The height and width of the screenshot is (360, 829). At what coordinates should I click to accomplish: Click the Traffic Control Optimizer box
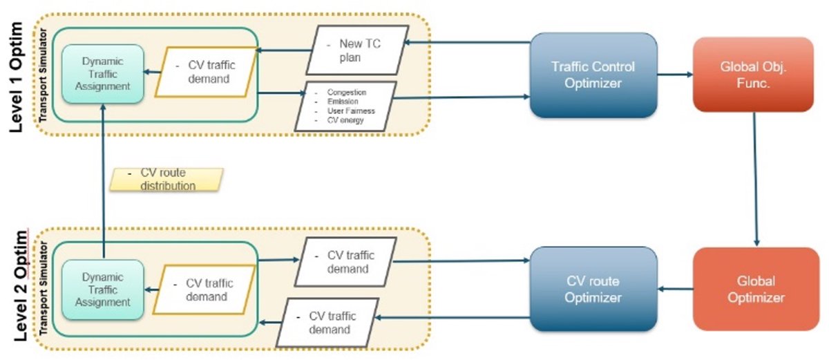(593, 75)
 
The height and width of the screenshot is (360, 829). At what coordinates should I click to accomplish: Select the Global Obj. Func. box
(753, 75)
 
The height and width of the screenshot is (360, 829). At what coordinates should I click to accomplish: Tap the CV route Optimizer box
(593, 289)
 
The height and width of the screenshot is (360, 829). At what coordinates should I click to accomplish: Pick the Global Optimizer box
(756, 289)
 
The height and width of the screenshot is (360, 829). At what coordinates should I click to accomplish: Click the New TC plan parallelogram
(358, 50)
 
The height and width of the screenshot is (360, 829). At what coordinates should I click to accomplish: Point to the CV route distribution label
(166, 180)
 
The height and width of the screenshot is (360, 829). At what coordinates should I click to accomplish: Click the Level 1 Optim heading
(17, 77)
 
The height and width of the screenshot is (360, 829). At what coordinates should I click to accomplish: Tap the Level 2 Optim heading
(21, 285)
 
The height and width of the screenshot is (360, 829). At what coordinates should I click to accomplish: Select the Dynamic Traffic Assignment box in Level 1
(102, 74)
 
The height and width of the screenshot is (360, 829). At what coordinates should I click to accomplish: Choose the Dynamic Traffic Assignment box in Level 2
(102, 290)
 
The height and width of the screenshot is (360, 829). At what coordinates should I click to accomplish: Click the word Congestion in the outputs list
(346, 92)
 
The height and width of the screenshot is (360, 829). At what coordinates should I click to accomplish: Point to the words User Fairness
(351, 111)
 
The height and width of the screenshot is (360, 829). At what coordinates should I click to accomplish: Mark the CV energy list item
(345, 120)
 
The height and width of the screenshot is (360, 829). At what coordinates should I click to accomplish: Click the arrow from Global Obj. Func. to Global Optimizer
(755, 179)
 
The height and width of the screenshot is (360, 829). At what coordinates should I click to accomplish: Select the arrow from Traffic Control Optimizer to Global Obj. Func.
(675, 75)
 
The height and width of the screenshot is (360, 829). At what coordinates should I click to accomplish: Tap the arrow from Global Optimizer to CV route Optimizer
(676, 289)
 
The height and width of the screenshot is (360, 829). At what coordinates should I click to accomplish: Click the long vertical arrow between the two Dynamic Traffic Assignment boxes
(103, 181)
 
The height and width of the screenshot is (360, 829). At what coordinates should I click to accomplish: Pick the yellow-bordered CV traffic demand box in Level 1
(206, 72)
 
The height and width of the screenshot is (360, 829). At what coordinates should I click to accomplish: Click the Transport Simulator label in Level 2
(44, 289)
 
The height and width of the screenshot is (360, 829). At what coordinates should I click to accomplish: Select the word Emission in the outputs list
(343, 102)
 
